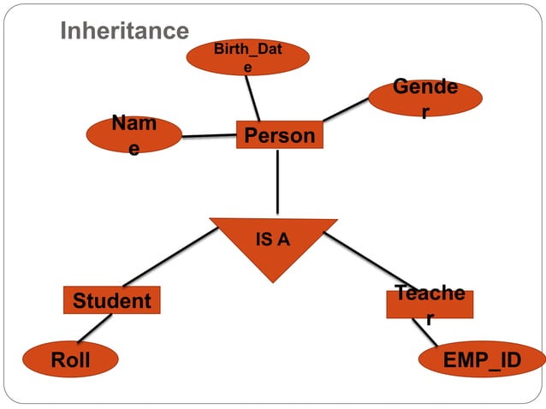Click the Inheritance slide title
tap(124, 32)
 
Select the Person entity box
tap(279, 136)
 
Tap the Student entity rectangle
tap(111, 301)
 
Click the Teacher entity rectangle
tap(430, 304)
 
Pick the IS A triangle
tap(274, 244)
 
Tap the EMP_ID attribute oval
tap(482, 360)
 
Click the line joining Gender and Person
tap(345, 110)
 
